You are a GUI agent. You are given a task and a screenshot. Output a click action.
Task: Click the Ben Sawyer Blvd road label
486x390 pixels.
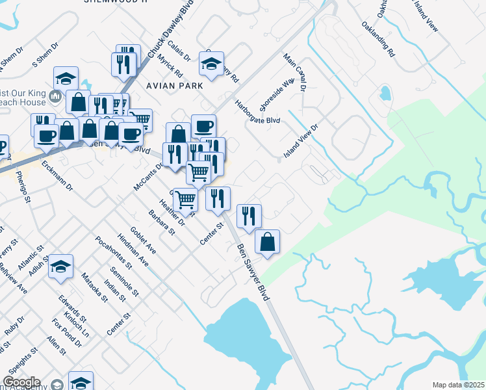(253, 272)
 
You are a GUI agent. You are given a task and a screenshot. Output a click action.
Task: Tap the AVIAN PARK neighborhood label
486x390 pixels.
(175, 86)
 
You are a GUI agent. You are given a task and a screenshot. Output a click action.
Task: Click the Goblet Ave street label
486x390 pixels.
(143, 241)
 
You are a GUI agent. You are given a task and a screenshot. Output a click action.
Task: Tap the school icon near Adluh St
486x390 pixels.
(61, 266)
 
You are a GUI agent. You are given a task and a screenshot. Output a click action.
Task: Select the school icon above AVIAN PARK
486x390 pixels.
(211, 64)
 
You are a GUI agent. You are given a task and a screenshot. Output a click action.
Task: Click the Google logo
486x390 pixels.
(21, 382)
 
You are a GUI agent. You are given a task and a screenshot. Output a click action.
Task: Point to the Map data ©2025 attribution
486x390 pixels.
(458, 385)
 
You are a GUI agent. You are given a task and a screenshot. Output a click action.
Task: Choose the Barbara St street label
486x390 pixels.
(162, 222)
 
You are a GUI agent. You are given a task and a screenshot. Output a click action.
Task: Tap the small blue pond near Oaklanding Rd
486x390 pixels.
(385, 93)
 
